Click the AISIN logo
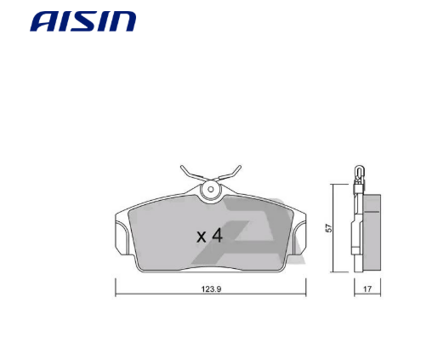pyautogui.click(x=82, y=21)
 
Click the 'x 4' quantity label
pyautogui.click(x=208, y=236)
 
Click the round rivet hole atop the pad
pyautogui.click(x=210, y=188)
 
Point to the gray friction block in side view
pyautogui.click(x=372, y=230)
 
